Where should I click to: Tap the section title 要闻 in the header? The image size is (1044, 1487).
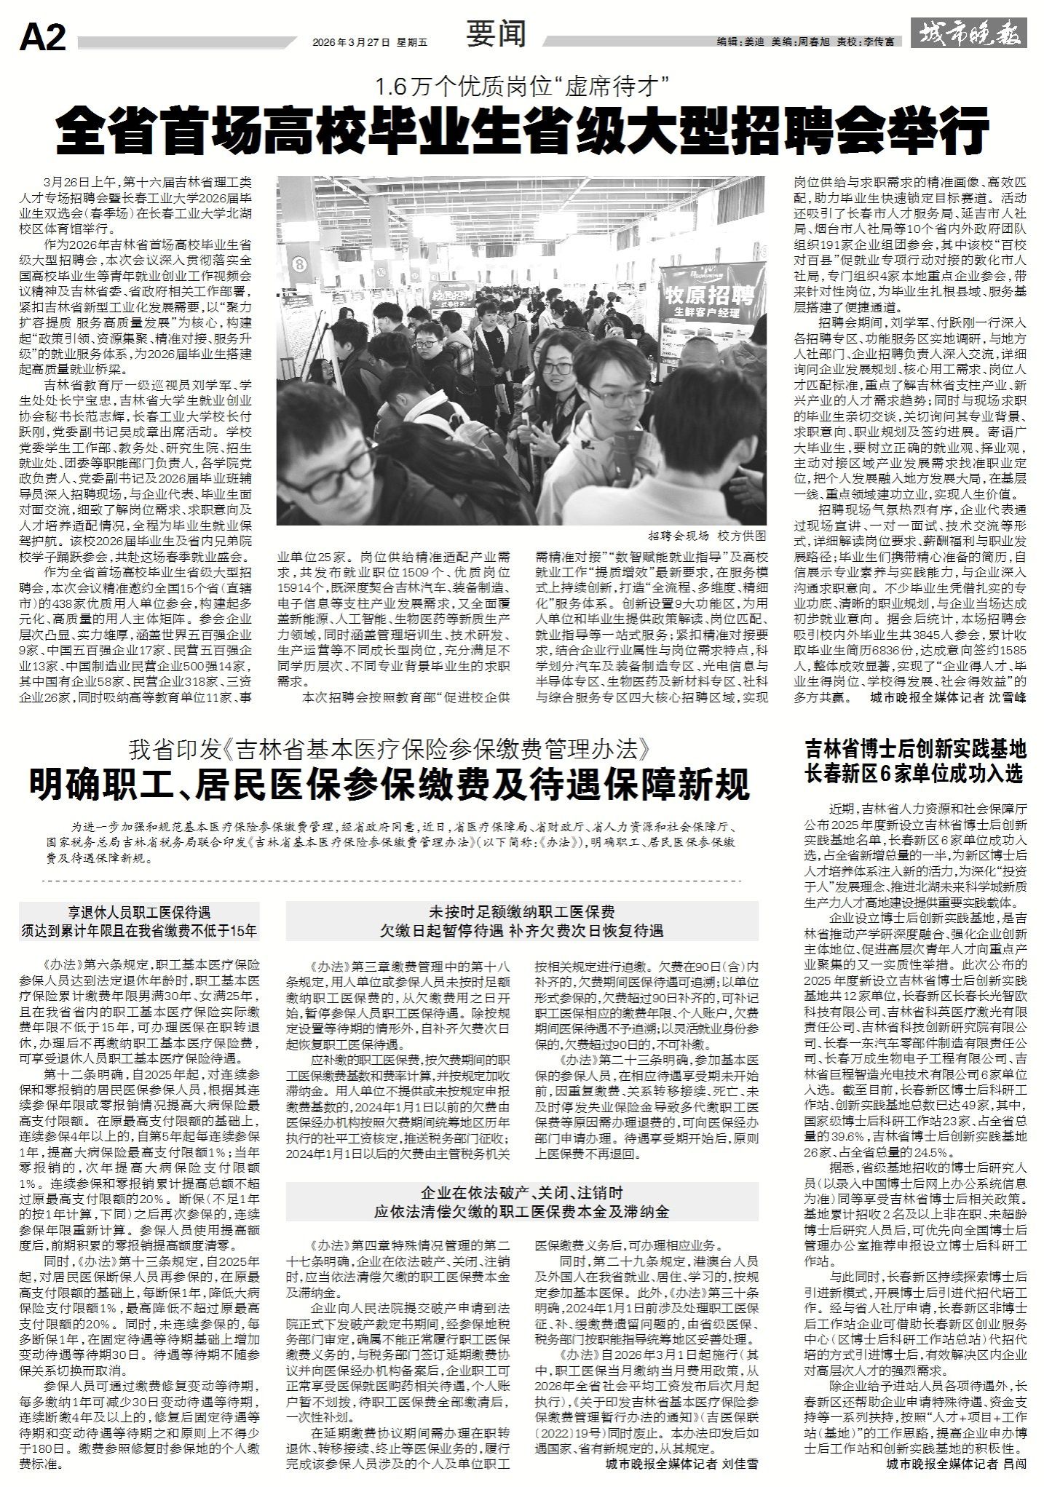pos(497,33)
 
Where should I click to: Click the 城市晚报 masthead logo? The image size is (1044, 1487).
pos(972,33)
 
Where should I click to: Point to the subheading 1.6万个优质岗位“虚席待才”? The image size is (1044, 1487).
pos(521,89)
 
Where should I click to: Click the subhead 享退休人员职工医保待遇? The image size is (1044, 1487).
pos(138,912)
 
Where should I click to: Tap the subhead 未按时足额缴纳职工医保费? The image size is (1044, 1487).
pos(522,912)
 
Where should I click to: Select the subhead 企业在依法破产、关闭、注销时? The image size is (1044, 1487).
pos(522,1193)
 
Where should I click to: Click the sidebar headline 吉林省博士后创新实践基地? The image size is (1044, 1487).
pos(915,750)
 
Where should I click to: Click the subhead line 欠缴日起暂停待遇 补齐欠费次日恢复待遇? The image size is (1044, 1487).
pos(522,929)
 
